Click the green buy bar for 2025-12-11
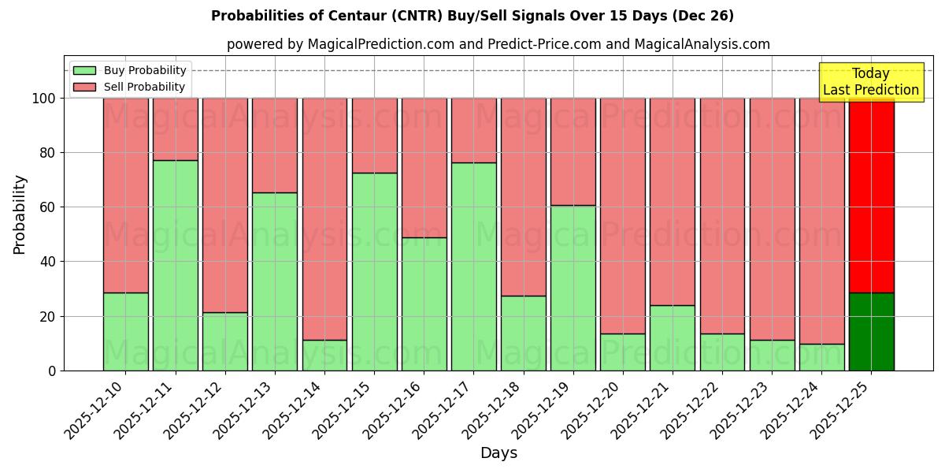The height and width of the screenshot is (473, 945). (175, 265)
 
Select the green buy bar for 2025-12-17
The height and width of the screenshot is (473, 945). (473, 266)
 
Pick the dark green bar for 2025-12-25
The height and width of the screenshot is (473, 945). (871, 331)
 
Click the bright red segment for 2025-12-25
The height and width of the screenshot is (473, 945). (871, 197)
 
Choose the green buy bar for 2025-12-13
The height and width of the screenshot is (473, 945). (275, 281)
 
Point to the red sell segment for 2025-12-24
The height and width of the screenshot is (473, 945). (821, 221)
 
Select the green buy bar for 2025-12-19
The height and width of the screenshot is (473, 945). (573, 288)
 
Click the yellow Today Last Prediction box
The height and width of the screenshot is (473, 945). (871, 82)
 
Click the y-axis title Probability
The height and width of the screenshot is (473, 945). (20, 214)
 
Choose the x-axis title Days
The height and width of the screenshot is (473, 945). (498, 453)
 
